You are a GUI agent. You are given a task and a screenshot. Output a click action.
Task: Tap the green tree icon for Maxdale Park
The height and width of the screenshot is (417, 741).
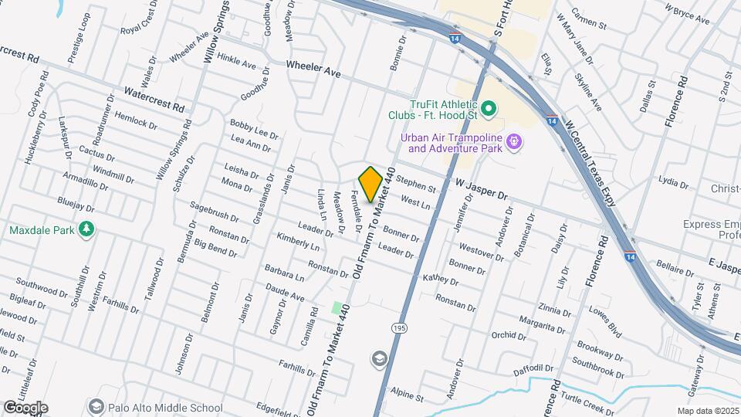[87, 229]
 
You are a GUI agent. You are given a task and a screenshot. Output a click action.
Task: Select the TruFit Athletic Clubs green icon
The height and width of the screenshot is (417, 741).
[489, 108]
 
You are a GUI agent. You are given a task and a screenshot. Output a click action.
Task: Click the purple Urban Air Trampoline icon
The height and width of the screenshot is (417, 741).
[515, 142]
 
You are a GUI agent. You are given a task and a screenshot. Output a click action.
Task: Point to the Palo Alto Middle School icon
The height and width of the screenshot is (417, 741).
[96, 406]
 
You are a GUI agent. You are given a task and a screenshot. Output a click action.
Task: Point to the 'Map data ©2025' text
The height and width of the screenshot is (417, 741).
[708, 411]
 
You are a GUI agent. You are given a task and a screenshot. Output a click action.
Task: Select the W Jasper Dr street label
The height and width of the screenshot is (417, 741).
[482, 189]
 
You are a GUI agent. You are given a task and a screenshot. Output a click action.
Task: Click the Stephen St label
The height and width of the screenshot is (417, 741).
[417, 185]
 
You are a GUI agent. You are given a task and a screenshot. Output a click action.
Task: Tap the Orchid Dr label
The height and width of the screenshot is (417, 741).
[509, 336]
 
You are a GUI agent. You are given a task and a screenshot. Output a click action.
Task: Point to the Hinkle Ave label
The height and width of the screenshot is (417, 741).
[236, 61]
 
